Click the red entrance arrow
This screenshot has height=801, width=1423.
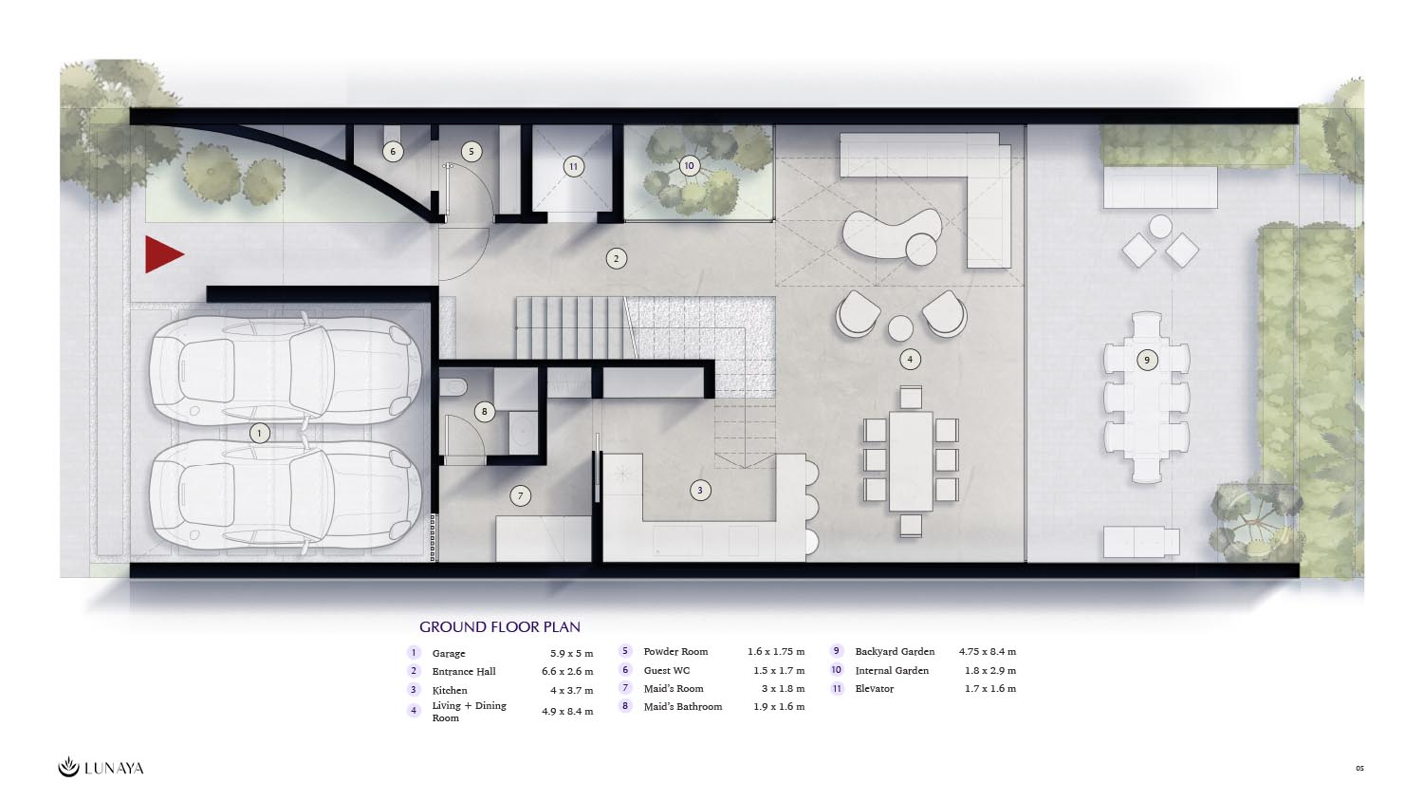162,254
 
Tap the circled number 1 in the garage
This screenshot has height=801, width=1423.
259,434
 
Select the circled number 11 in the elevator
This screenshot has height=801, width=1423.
574,166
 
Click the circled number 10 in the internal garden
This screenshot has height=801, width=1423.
689,166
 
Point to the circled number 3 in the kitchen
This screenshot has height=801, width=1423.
700,490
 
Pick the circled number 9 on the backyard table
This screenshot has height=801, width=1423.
1147,360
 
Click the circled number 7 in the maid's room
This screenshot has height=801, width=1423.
520,495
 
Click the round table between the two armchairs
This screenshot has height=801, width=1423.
900,328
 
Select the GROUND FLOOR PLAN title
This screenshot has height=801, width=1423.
500,626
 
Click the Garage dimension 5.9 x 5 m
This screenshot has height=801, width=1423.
572,653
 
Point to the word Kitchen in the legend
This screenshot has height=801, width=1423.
450,690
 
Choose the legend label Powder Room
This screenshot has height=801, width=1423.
675,652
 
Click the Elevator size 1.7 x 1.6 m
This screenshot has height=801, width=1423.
990,688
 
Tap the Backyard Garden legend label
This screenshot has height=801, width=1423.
895,652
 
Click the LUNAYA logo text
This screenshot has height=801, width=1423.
115,768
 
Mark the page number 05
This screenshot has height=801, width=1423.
1359,768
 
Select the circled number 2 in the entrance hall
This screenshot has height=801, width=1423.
616,259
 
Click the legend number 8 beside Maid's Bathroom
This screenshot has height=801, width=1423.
625,706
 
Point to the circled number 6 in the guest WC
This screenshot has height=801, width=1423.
393,151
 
